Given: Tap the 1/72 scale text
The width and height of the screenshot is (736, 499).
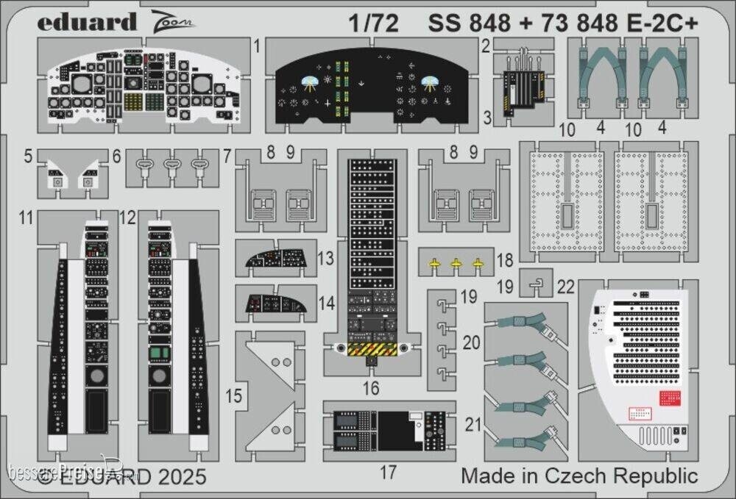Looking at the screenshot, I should [378, 24].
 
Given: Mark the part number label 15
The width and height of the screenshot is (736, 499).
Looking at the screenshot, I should [233, 396].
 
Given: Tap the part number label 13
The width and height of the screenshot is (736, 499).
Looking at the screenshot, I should [327, 259].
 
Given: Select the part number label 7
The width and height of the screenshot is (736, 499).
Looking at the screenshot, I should [227, 156].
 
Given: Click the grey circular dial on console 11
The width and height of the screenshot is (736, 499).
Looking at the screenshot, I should [97, 378].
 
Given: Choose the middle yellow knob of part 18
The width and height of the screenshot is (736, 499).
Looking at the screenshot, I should [456, 263].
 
